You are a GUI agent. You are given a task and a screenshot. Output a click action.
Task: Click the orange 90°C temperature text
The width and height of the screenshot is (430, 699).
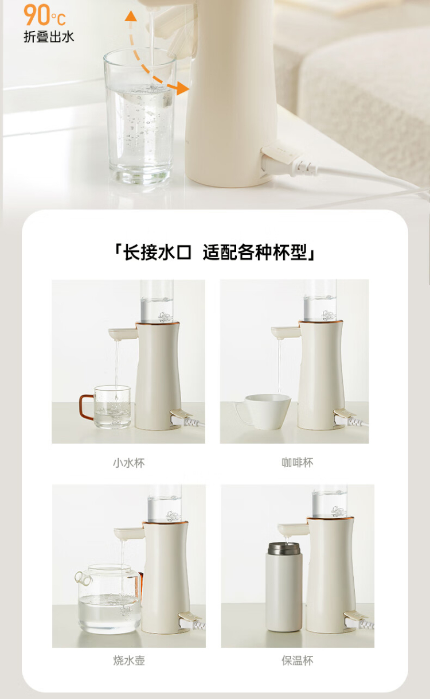45,15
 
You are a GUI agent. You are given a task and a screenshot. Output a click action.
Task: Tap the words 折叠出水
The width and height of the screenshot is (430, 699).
49,37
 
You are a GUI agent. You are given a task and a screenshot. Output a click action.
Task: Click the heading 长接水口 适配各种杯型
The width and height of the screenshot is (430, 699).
215,252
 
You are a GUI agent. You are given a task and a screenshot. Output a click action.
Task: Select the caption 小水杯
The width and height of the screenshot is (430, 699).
129,463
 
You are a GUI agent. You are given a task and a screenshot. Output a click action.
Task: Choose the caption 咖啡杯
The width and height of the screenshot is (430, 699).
298,462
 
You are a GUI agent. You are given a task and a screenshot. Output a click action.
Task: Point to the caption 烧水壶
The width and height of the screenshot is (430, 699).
129,661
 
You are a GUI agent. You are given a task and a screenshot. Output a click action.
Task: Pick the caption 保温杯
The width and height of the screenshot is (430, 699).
298,661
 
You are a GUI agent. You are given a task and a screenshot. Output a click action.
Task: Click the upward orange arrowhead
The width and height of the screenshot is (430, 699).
131,15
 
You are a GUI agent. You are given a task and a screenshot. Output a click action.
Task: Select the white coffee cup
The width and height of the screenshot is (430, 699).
263,411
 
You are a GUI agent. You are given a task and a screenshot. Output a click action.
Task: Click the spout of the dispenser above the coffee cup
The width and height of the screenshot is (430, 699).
285,332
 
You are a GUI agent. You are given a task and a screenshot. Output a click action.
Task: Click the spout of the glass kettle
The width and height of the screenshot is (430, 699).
83,578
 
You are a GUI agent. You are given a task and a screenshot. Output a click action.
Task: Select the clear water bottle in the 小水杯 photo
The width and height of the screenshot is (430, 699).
157,301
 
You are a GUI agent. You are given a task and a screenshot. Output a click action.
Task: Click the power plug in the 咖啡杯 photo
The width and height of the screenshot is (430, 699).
349,418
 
